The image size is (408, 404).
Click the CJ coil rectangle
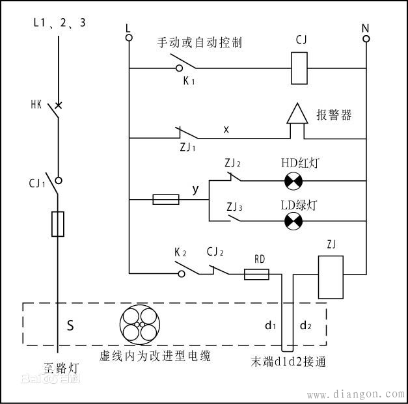(299, 68)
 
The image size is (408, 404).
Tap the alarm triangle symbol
(297, 115)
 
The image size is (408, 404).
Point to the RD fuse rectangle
(256, 275)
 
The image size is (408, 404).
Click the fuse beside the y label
(166, 199)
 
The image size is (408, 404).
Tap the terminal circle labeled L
(129, 38)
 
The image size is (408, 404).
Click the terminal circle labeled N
(366, 38)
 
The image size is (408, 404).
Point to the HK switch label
(36, 104)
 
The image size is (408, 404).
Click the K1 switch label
(188, 81)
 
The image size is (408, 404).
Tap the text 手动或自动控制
(200, 42)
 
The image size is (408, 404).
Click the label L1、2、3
(59, 23)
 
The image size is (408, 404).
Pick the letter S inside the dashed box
(70, 325)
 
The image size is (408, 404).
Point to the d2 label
(305, 324)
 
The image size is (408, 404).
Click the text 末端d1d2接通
(288, 360)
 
